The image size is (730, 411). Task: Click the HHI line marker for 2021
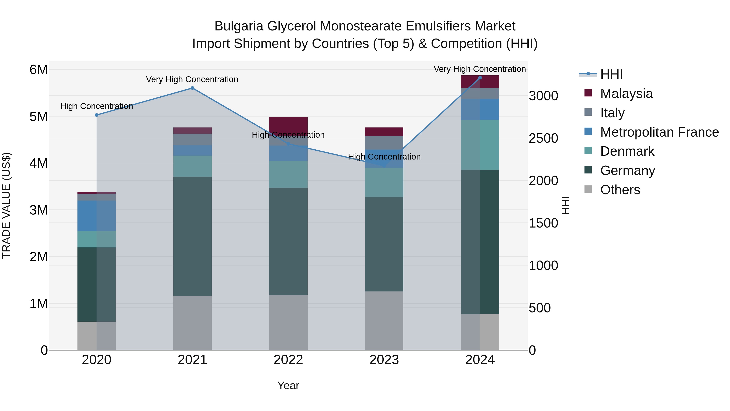point(192,88)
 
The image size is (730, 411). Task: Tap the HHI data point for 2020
point(97,115)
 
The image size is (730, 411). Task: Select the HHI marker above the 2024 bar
point(480,78)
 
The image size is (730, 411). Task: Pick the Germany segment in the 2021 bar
point(192,236)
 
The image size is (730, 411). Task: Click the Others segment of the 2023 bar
point(384,320)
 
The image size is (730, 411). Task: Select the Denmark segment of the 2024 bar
point(480,145)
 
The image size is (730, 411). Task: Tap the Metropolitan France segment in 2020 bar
point(97,216)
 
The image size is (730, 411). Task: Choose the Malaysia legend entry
point(626,94)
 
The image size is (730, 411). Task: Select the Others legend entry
point(620,190)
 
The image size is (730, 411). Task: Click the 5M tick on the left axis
point(39,117)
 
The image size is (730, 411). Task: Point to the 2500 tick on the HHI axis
point(543,138)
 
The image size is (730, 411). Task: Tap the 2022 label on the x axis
point(288,360)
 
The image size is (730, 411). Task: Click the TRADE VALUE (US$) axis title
point(6,205)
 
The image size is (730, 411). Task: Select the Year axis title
point(288,385)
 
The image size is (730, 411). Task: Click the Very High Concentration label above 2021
point(192,79)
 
